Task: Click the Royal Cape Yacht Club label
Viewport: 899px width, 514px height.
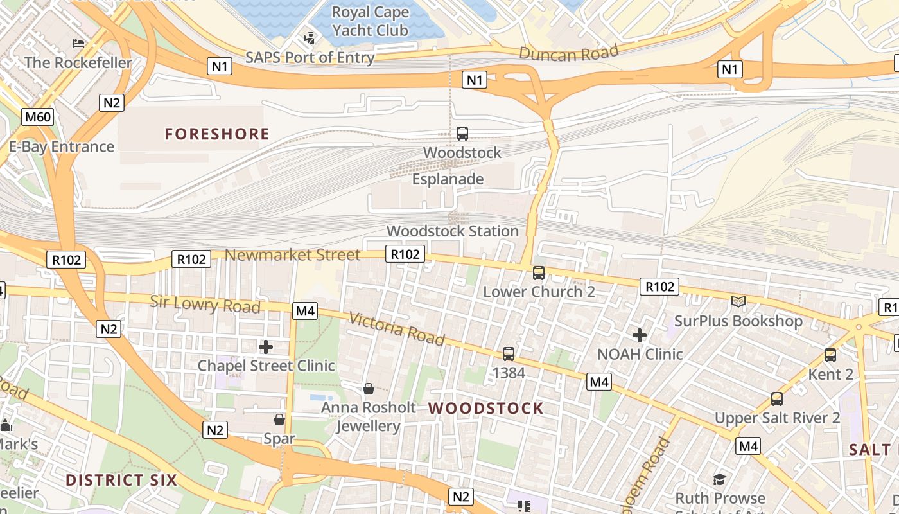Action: click(369, 21)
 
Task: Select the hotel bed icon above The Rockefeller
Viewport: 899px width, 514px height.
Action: click(78, 44)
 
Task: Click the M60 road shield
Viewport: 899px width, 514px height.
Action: click(37, 117)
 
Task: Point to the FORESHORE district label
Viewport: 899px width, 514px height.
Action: click(217, 134)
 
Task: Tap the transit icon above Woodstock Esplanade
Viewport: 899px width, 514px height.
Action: click(462, 134)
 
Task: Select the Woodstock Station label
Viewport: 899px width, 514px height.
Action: click(452, 231)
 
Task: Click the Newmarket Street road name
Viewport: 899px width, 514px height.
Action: click(292, 255)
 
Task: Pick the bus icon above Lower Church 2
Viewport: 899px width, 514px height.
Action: click(539, 273)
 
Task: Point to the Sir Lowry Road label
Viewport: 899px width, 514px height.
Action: click(205, 304)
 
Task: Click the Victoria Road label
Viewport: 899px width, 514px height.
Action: click(397, 328)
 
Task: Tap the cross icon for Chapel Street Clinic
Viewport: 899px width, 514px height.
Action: click(266, 348)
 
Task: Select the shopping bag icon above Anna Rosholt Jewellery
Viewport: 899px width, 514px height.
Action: click(369, 388)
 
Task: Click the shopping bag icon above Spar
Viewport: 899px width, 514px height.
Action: click(279, 420)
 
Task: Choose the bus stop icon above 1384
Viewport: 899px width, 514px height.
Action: click(509, 353)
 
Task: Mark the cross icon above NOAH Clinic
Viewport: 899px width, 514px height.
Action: click(640, 335)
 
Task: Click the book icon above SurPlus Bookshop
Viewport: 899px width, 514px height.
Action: click(738, 301)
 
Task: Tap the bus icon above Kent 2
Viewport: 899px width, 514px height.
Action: click(830, 355)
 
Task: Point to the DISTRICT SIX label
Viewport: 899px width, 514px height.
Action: click(121, 480)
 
